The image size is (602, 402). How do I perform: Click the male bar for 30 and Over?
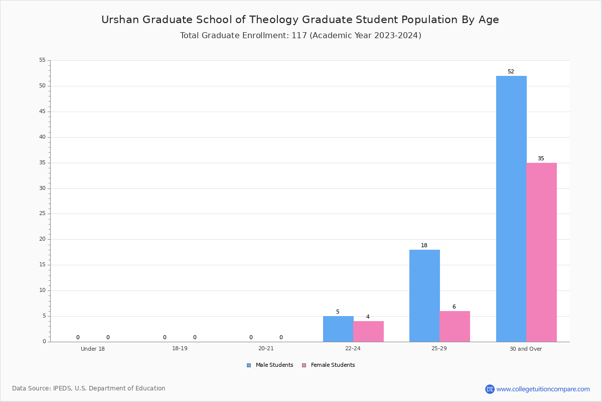pyautogui.click(x=511, y=209)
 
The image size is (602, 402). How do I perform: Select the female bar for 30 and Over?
pyautogui.click(x=541, y=252)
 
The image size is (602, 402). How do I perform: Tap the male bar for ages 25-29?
pyautogui.click(x=424, y=296)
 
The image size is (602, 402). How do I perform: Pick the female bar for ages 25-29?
pyautogui.click(x=455, y=327)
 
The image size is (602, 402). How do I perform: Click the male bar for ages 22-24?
pyautogui.click(x=338, y=329)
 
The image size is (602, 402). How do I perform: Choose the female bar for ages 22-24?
pyautogui.click(x=368, y=332)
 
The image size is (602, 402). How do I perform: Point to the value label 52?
pyautogui.click(x=511, y=72)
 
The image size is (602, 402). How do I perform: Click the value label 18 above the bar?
pyautogui.click(x=424, y=245)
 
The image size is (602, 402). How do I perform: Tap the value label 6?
pyautogui.click(x=454, y=307)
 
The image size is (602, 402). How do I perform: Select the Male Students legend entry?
pyautogui.click(x=270, y=365)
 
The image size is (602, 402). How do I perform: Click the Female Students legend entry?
pyautogui.click(x=329, y=365)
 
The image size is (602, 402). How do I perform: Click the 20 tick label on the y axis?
pyautogui.click(x=43, y=239)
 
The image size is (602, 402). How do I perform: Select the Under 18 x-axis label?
pyautogui.click(x=93, y=349)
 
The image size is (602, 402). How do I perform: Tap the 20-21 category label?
pyautogui.click(x=266, y=348)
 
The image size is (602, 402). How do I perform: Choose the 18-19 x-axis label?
pyautogui.click(x=180, y=348)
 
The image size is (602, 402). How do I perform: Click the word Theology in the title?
pyautogui.click(x=274, y=20)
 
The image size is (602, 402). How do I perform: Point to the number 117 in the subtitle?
pyautogui.click(x=299, y=36)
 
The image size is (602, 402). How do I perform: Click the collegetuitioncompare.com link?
pyautogui.click(x=543, y=389)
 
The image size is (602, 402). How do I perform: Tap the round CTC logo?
pyautogui.click(x=490, y=389)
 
